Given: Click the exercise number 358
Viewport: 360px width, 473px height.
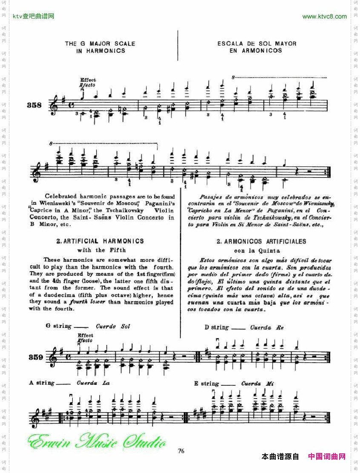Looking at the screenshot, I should (34, 105).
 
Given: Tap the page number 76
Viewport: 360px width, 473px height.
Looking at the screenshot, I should (181, 451).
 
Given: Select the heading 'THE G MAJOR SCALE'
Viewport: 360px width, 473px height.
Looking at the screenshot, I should (100, 43).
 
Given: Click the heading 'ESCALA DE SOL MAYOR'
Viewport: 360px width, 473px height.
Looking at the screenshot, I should (257, 43).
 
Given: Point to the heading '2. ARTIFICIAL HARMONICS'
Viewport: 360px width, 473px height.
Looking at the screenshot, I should (100, 241).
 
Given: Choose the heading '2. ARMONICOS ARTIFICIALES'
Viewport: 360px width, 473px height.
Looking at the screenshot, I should (261, 241).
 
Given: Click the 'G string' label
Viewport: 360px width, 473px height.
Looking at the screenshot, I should (59, 326).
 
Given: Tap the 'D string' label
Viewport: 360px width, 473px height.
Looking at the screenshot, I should (217, 327).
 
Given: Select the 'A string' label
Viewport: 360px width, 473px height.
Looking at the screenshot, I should (42, 383).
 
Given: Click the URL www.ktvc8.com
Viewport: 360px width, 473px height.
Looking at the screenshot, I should (324, 17).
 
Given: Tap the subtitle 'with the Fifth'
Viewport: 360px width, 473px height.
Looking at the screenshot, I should (101, 250).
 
